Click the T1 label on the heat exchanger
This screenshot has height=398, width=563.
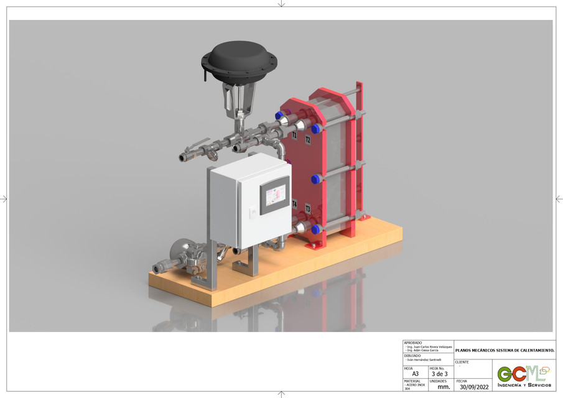coord(294,134)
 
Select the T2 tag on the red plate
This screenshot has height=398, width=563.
coord(307,141)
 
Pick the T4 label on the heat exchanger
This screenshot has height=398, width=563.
coord(294,204)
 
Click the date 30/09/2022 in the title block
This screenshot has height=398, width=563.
coord(474,387)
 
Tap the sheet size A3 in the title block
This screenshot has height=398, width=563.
coord(415,374)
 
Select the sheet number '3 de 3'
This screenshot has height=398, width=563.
coord(440,374)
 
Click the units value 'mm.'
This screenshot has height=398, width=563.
coord(443,387)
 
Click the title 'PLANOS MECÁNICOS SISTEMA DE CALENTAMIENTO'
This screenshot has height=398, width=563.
coord(504,350)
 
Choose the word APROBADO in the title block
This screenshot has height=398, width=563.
coord(412,343)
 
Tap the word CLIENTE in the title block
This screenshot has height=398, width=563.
coord(462,362)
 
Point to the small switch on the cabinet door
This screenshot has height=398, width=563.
coord(253,213)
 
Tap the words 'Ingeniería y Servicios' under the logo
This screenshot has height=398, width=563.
coord(524,386)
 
